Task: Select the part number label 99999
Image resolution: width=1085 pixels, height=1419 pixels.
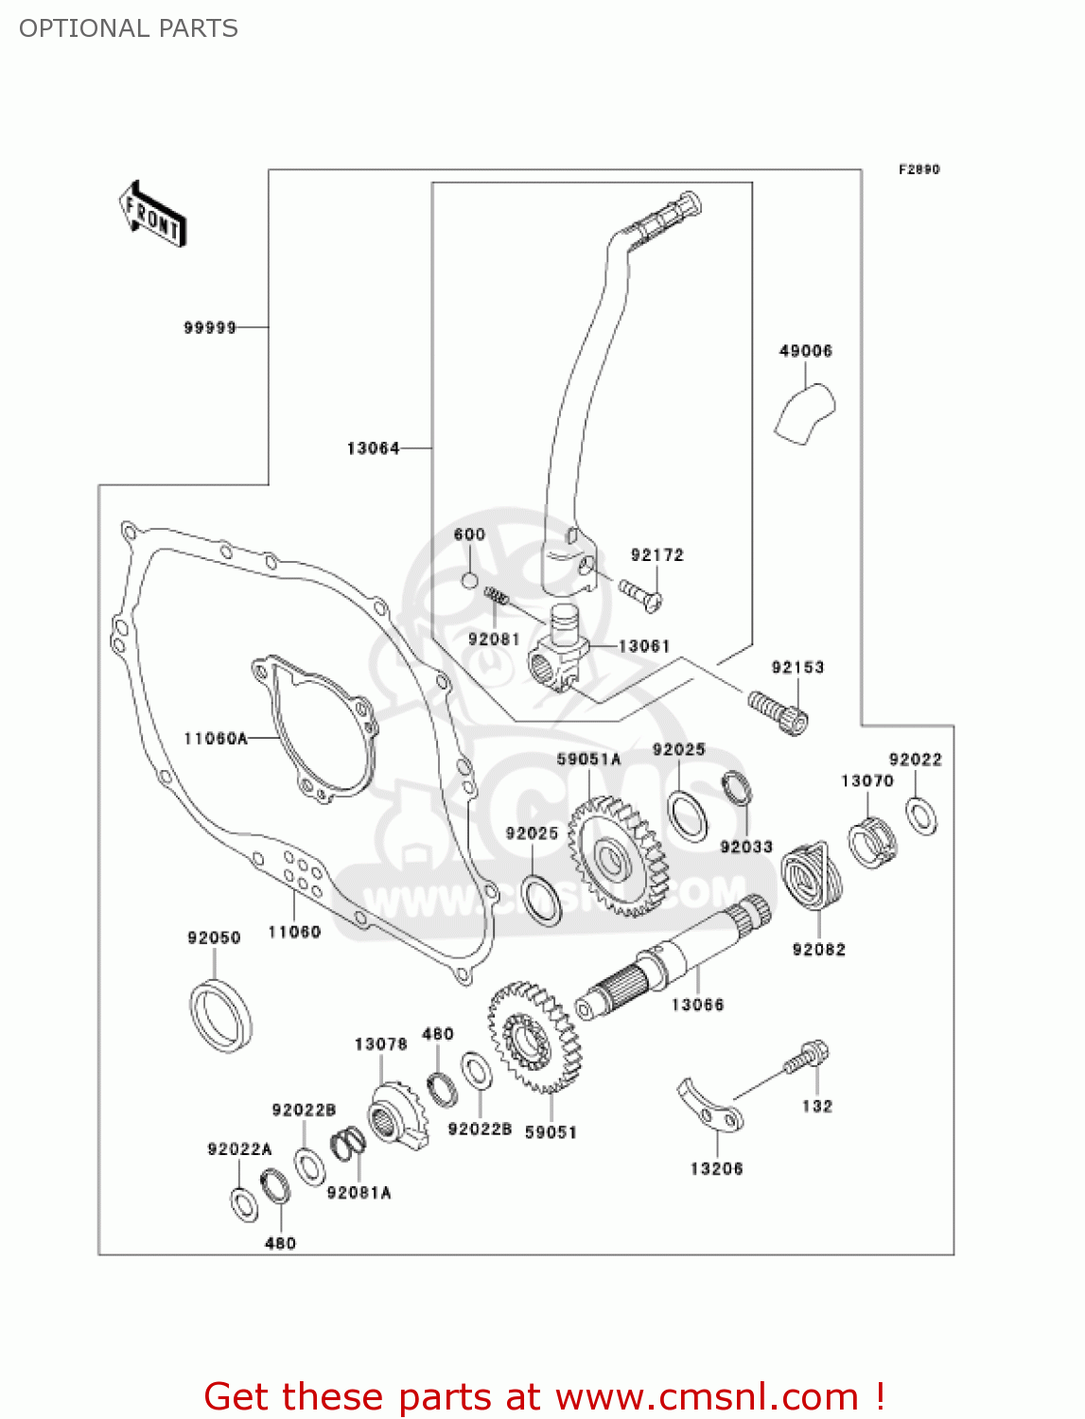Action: (210, 327)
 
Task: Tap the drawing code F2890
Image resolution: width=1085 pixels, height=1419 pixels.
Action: (919, 169)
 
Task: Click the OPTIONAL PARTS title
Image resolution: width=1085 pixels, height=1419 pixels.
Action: (129, 28)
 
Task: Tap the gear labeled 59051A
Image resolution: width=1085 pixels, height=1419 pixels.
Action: (616, 856)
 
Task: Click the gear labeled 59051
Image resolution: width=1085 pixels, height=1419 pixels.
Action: (534, 1036)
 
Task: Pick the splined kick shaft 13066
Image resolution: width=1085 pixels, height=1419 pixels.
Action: (674, 958)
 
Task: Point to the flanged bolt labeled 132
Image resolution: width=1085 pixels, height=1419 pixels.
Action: (807, 1057)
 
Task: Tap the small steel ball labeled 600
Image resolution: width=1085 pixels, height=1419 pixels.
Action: (470, 579)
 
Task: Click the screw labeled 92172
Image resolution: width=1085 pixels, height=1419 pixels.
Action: (640, 593)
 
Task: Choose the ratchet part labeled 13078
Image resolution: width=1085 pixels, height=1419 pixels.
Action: (396, 1119)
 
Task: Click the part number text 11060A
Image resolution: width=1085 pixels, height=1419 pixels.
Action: (216, 738)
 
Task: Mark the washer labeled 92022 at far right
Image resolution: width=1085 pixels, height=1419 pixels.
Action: (921, 815)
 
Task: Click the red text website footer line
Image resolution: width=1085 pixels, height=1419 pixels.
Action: (544, 1396)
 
